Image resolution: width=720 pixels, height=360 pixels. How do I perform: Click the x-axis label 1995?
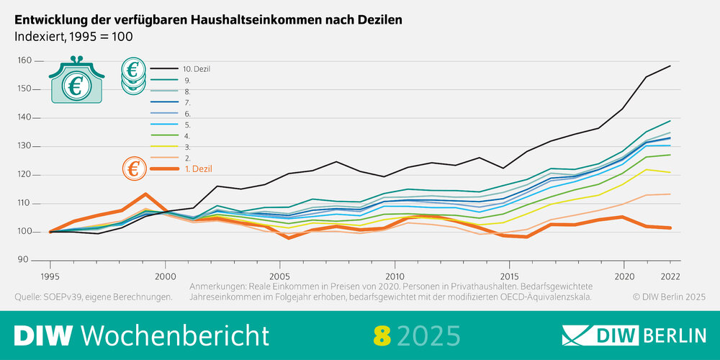pyautogui.click(x=50, y=276)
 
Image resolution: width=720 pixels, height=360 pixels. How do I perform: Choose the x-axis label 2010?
pyautogui.click(x=394, y=276)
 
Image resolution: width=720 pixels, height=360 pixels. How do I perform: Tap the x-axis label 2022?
pyautogui.click(x=670, y=276)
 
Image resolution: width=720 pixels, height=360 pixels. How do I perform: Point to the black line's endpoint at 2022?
pyautogui.click(x=670, y=66)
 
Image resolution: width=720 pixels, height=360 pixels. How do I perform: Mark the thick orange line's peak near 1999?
pyautogui.click(x=145, y=194)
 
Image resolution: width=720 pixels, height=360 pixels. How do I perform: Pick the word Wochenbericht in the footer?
pyautogui.click(x=176, y=335)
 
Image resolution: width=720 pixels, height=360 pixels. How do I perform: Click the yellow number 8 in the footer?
pyautogui.click(x=381, y=335)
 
